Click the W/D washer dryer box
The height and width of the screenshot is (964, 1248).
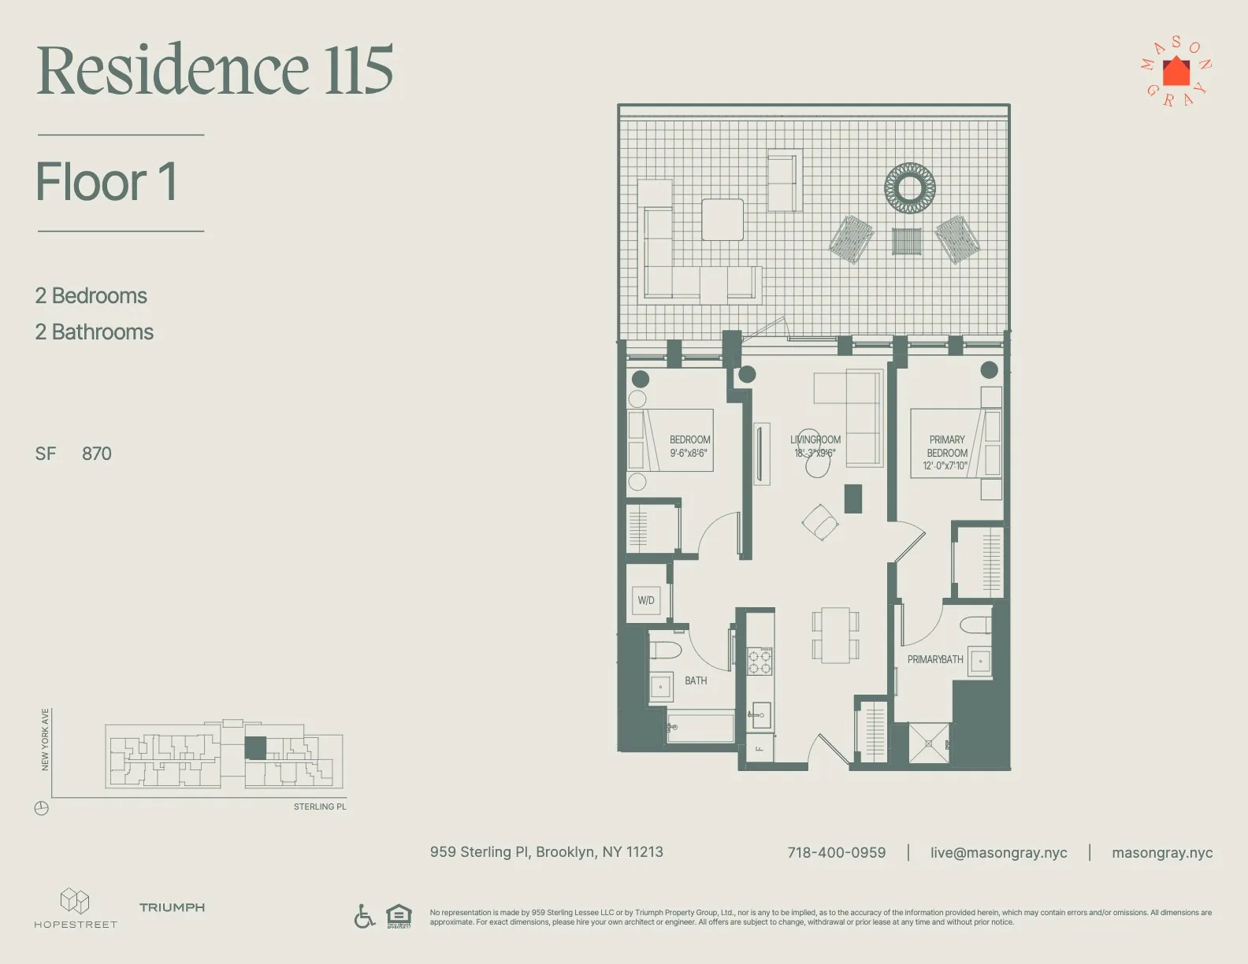tap(647, 600)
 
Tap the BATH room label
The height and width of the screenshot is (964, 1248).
tap(696, 680)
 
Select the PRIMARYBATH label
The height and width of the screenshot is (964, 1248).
tap(935, 659)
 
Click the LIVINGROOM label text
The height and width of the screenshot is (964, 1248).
tap(815, 439)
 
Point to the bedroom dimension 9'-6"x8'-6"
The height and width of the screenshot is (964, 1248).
tap(689, 453)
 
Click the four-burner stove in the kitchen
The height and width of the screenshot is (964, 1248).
tap(760, 662)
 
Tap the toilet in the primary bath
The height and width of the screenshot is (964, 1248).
tap(975, 625)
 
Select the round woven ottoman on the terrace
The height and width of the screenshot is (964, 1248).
tap(910, 187)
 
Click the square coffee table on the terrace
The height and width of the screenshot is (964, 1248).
tap(722, 220)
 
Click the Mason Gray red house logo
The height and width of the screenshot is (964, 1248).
tap(1176, 72)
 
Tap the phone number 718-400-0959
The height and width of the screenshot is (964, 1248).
tap(836, 853)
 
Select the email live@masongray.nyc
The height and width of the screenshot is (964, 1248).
tap(998, 853)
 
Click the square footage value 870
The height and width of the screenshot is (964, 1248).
tap(97, 454)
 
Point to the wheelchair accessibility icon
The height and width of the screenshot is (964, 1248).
tap(364, 916)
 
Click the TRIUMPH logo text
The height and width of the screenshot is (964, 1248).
tap(172, 907)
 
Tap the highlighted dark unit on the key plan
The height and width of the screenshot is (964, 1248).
tap(255, 747)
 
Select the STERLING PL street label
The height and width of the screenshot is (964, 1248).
tap(320, 806)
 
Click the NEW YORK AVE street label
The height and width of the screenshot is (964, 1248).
tap(45, 740)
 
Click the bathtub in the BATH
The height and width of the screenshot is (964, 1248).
tap(700, 727)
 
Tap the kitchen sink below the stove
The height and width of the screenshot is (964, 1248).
tap(760, 715)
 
